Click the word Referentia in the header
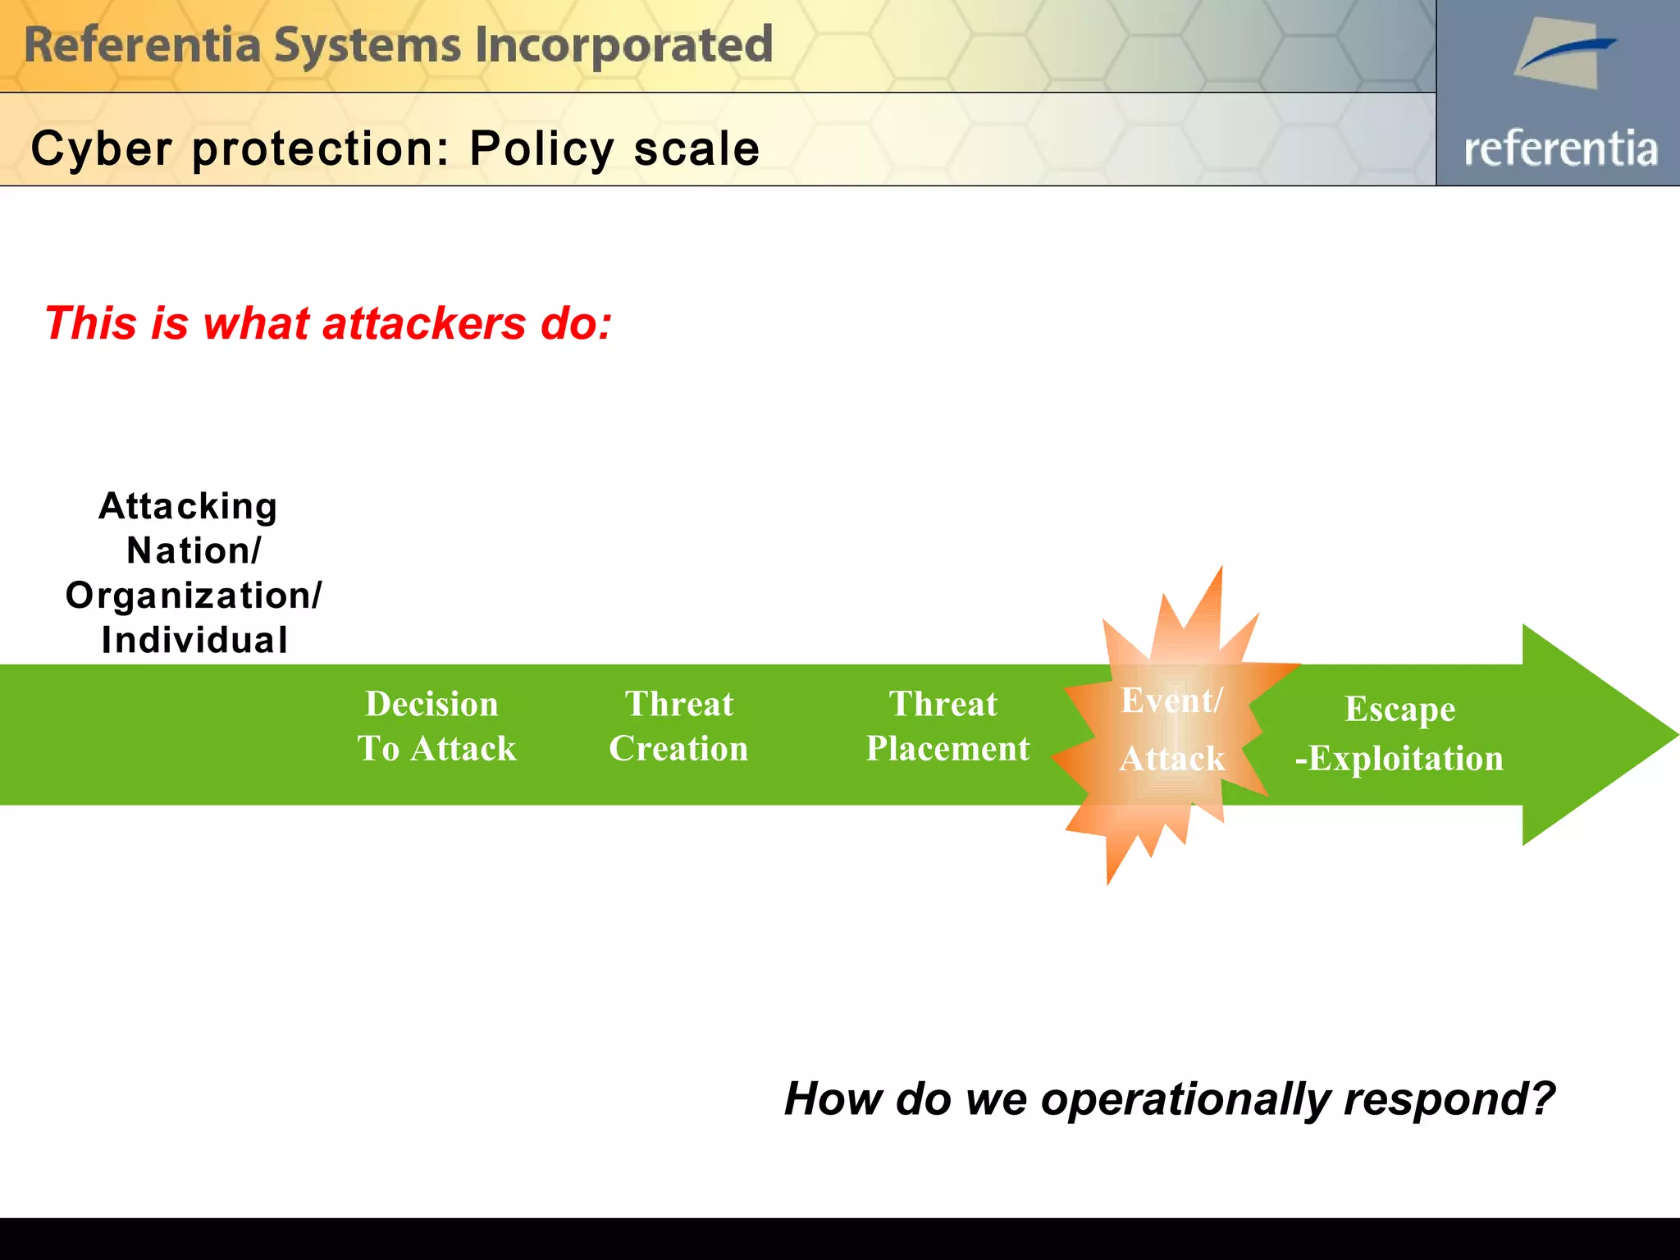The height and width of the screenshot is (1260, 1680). (142, 45)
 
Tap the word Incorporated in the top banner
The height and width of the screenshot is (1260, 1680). (623, 45)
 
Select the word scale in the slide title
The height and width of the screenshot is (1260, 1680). (696, 149)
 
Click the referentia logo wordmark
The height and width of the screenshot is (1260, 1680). (1560, 149)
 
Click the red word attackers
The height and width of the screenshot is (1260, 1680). (423, 323)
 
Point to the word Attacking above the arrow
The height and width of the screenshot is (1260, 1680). (188, 506)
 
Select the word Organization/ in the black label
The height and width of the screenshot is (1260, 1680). (194, 596)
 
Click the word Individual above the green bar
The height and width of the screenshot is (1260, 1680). (194, 641)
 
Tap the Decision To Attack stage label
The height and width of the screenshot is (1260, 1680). (435, 727)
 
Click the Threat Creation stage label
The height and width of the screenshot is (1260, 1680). (678, 727)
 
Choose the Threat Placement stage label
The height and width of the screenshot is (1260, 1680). (947, 727)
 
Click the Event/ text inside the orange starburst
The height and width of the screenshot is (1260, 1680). (1171, 701)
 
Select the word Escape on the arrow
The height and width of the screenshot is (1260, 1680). (1399, 710)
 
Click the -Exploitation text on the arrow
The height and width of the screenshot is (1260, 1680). (1399, 759)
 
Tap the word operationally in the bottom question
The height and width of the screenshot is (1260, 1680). (1185, 1099)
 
